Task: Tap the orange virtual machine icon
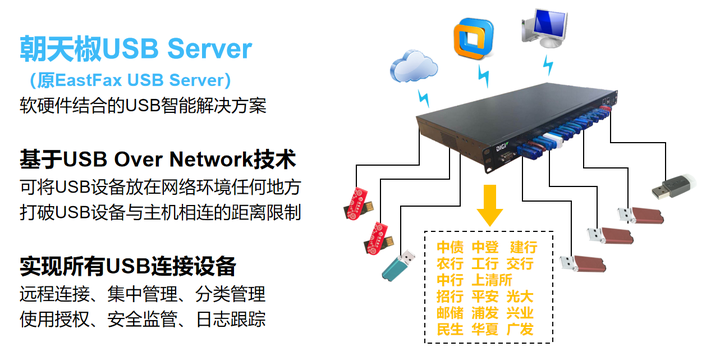[x=473, y=38]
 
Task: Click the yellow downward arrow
[x=489, y=206]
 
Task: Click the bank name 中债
[x=450, y=246]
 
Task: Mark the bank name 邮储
[x=450, y=313]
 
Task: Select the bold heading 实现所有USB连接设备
[x=128, y=266]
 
